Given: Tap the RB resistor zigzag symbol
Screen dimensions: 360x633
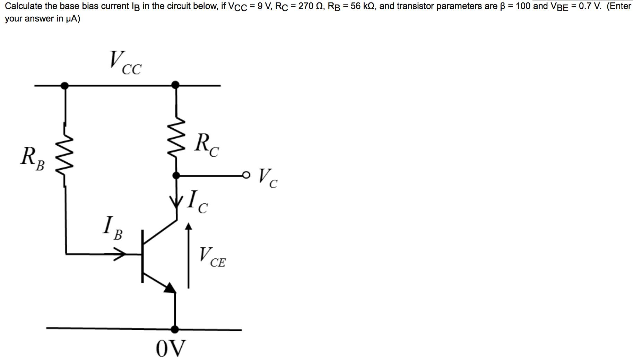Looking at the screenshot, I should click(x=65, y=155).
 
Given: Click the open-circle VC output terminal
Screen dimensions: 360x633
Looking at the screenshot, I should click(x=246, y=175).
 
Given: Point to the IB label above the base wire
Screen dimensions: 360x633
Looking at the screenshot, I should click(x=113, y=228).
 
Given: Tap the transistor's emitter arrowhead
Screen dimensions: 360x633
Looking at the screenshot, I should click(x=170, y=288).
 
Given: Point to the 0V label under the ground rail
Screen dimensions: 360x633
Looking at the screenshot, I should click(x=171, y=348).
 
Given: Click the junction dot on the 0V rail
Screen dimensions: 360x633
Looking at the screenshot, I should click(x=175, y=329).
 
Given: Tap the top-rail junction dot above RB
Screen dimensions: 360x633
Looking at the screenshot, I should click(x=64, y=85).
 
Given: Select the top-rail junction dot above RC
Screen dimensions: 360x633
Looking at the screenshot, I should click(x=176, y=85).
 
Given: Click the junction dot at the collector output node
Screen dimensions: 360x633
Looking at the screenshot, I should click(x=176, y=175).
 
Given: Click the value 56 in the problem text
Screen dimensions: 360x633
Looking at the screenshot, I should click(x=356, y=6).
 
